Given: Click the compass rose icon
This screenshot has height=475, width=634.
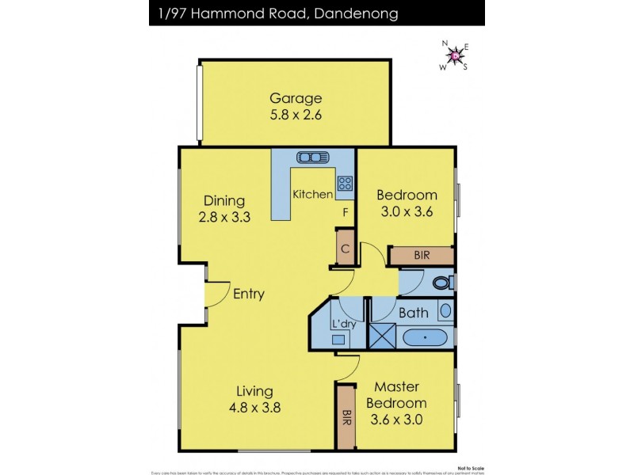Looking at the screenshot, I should (454, 55).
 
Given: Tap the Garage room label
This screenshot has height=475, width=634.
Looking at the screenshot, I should (296, 99).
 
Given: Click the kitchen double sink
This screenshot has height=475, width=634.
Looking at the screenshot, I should (312, 157).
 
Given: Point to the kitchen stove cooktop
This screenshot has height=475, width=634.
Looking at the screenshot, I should (345, 184).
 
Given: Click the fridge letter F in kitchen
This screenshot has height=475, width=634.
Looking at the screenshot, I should (346, 213).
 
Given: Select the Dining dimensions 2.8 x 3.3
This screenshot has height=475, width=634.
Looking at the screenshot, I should (223, 217).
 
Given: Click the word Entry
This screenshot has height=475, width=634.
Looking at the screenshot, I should (248, 294).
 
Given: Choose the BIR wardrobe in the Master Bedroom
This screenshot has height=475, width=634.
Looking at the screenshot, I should (346, 416).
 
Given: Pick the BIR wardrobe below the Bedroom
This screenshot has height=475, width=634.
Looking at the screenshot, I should (422, 256).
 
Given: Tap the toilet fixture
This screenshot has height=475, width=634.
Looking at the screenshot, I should (442, 283).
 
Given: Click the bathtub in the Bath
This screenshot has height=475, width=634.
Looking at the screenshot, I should (426, 338).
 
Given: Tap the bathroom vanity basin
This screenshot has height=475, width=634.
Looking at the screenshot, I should (445, 310).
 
